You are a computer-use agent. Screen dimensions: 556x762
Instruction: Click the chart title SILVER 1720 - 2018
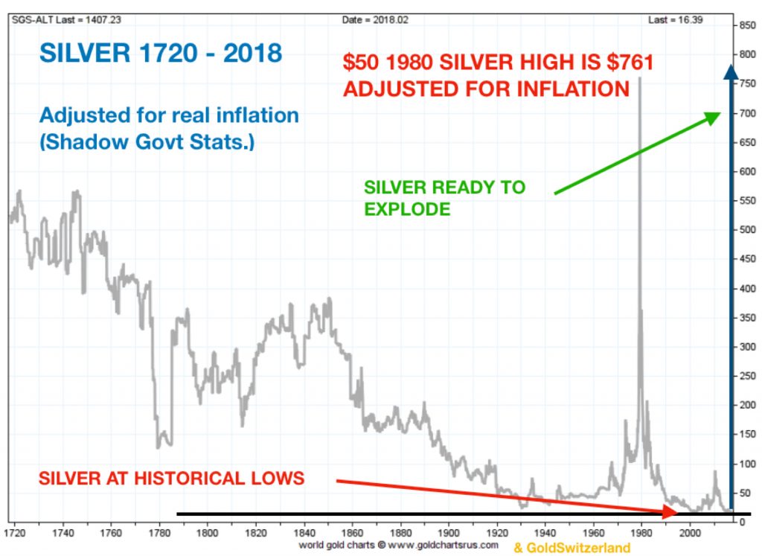160,54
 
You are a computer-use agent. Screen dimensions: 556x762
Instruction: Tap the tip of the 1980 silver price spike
640,77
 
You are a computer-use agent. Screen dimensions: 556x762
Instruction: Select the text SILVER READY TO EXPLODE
444,198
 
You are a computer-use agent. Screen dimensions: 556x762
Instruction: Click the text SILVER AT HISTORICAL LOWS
173,478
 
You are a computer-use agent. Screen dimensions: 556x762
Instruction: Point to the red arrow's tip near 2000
676,512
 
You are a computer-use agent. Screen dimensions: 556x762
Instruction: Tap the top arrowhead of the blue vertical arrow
731,71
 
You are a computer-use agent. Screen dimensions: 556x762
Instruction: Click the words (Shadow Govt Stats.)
147,141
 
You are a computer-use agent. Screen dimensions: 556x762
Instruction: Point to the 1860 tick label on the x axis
352,533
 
